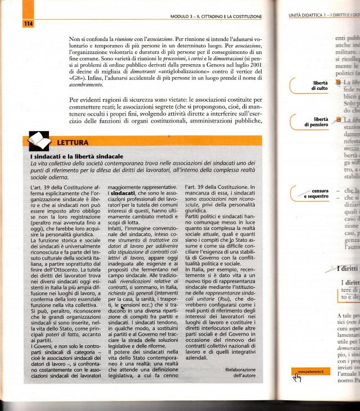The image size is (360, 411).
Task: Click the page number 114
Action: click(28, 23)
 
